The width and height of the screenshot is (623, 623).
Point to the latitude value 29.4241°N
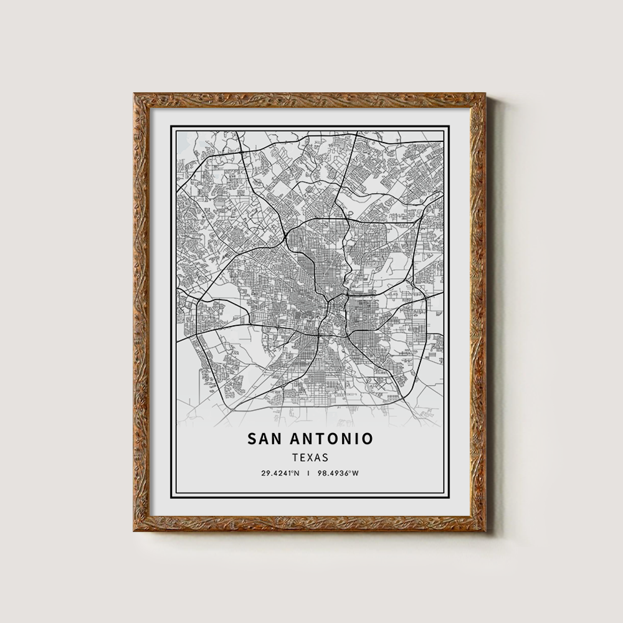pyautogui.click(x=280, y=473)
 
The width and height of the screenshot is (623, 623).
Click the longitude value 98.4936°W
pyautogui.click(x=339, y=473)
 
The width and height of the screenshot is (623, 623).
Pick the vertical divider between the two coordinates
pyautogui.click(x=309, y=473)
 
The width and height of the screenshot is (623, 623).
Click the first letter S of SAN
pyautogui.click(x=252, y=439)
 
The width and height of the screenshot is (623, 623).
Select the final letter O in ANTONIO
pyautogui.click(x=368, y=439)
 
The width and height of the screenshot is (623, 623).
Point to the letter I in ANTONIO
pyautogui.click(x=356, y=439)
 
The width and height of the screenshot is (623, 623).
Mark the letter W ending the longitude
pyautogui.click(x=356, y=473)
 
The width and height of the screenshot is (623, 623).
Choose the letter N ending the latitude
pyautogui.click(x=297, y=473)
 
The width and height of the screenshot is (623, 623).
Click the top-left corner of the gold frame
pyautogui.click(x=135, y=95)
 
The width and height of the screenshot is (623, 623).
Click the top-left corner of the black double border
pyautogui.click(x=172, y=127)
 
